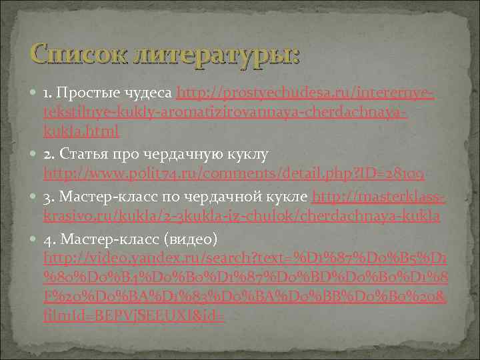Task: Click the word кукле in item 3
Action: click(286, 197)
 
